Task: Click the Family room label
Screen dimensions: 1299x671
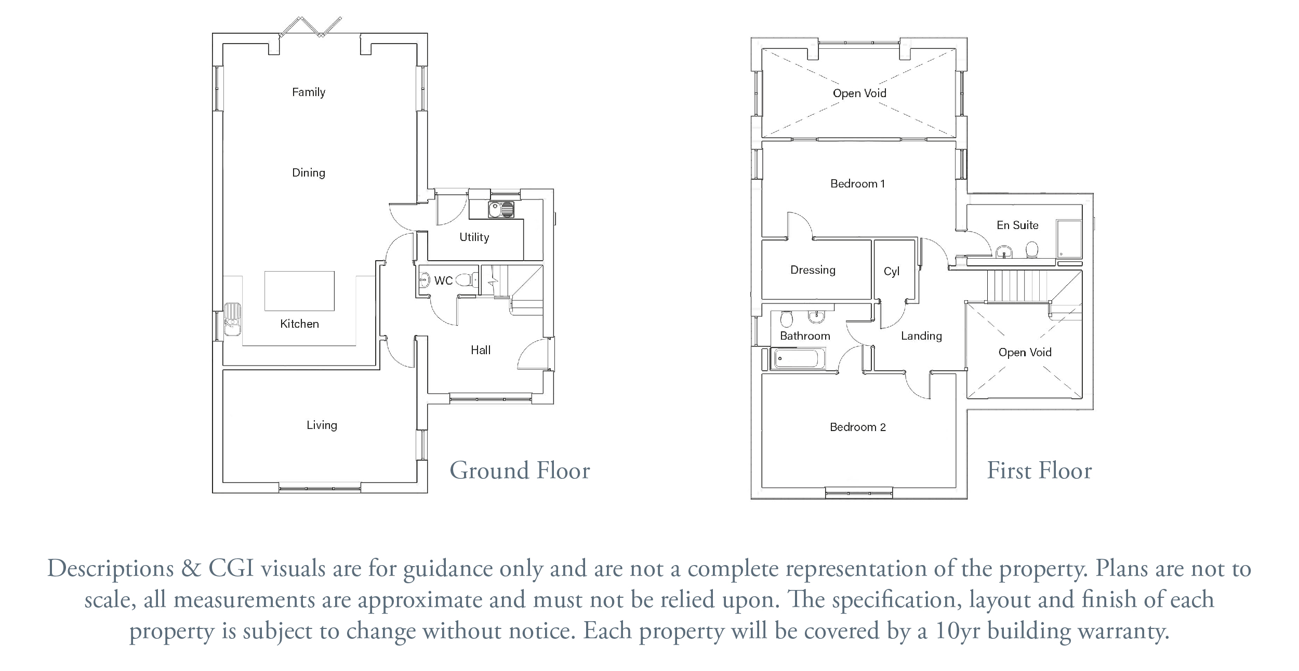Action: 309,92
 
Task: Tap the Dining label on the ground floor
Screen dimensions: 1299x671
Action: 309,173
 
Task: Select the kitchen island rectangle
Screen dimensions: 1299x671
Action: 299,291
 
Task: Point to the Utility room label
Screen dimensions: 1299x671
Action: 474,237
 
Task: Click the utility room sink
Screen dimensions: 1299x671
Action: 501,210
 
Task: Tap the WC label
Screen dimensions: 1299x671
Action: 443,281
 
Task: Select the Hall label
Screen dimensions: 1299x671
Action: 481,350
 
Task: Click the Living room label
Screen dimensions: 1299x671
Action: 322,425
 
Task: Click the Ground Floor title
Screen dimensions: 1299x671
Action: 520,471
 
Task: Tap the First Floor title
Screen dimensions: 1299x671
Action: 1039,471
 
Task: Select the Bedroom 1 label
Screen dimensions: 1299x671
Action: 857,184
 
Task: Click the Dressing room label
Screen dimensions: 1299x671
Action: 813,270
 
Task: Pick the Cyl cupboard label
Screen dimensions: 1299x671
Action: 892,272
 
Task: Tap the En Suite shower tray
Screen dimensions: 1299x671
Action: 1069,239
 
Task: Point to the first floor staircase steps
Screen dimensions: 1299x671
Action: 1017,286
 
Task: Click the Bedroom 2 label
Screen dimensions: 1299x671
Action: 858,427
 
